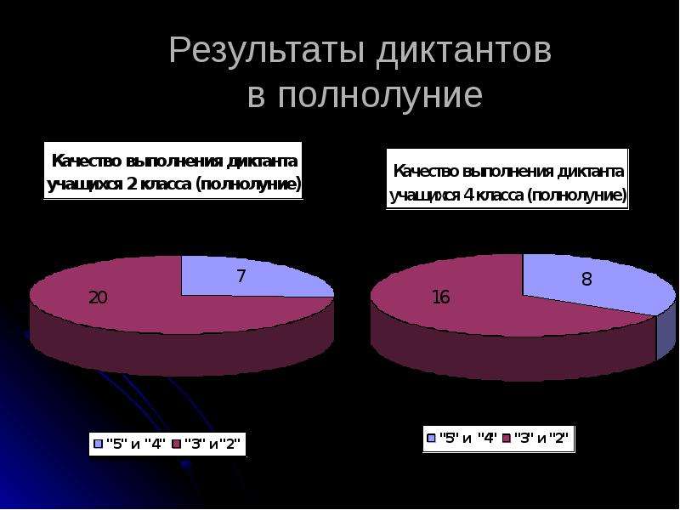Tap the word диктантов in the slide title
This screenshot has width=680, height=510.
[x=464, y=52]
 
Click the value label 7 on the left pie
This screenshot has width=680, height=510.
[x=241, y=276]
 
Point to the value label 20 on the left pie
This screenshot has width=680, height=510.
[x=98, y=297]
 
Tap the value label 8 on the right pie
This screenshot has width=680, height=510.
[x=586, y=279]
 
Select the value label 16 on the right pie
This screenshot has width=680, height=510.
[x=441, y=297]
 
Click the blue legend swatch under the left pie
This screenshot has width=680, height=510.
[x=99, y=444]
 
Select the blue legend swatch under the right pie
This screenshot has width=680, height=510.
[x=431, y=438]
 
